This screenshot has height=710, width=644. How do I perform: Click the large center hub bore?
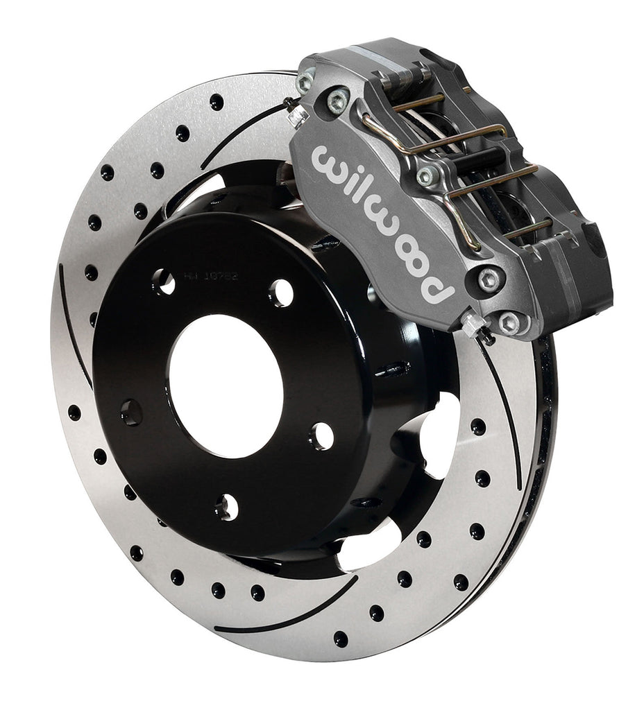pyautogui.click(x=225, y=386)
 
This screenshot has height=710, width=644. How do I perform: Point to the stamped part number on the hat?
pyautogui.click(x=211, y=275)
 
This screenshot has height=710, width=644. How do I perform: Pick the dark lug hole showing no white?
pyautogui.click(x=131, y=413)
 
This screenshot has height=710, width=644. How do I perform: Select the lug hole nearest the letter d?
pyautogui.click(x=321, y=435)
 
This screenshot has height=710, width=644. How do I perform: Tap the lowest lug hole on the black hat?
pyautogui.click(x=226, y=508)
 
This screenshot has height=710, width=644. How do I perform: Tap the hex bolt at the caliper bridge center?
pyautogui.click(x=427, y=175)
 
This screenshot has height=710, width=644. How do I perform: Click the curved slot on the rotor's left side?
pyautogui.click(x=74, y=326)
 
